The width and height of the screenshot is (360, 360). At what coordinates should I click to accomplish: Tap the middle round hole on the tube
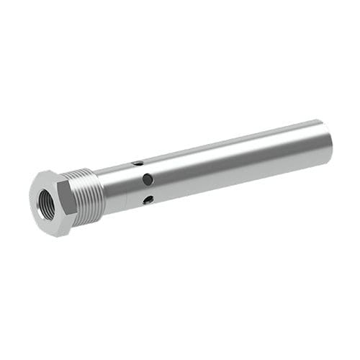click(x=148, y=179)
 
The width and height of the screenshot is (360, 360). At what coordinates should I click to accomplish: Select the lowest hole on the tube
click(x=148, y=199)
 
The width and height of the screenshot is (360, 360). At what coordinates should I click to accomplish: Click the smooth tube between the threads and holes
click(x=119, y=184)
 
